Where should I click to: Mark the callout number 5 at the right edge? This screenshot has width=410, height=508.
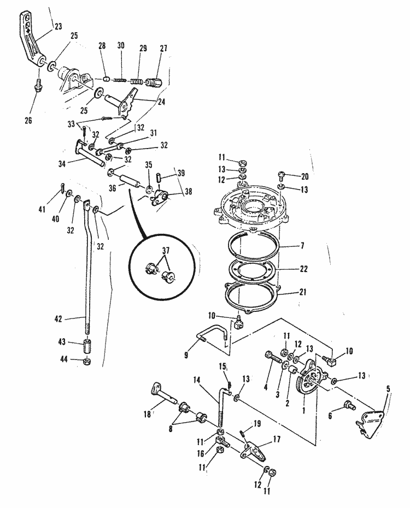pos(389,389)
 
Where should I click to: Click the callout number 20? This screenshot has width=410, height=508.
pos(304,176)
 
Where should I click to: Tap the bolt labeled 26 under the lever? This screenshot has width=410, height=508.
pos(38,86)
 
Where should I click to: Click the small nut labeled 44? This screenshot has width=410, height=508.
pos(87,362)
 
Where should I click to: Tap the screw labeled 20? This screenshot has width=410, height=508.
pos(282,176)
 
